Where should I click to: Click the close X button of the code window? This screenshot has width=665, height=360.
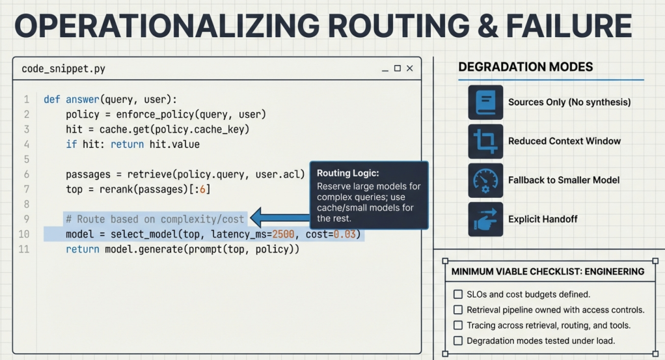[410, 68]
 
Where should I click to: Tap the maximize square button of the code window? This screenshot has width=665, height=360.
[398, 68]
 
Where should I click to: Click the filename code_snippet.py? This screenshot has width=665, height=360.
[63, 69]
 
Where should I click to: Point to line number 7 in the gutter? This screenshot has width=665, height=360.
[27, 189]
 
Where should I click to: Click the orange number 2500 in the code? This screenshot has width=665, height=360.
[283, 234]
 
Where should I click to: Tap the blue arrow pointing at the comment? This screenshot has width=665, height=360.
[280, 218]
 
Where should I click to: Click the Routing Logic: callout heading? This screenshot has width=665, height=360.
[347, 173]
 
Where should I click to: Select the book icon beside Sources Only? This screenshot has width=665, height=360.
[485, 102]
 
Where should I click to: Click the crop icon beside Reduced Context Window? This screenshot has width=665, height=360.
[485, 141]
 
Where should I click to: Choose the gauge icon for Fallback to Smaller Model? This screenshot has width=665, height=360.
[485, 180]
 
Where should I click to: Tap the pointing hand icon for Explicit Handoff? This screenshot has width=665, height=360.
[485, 219]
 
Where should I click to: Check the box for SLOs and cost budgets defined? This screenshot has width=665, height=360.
[458, 294]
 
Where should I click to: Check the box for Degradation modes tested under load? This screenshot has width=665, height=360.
[458, 340]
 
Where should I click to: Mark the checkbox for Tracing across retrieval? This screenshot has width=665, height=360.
[458, 325]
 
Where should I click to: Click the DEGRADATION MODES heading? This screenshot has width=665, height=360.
[526, 67]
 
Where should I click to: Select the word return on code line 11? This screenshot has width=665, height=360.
[82, 249]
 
